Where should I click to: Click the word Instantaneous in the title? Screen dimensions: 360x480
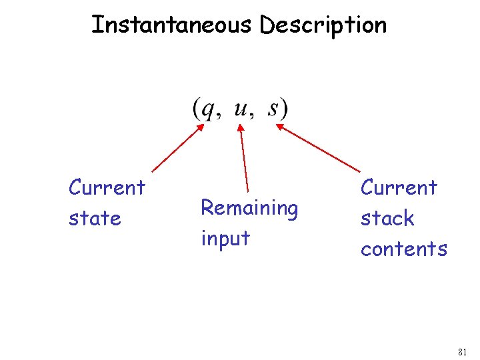point(173,25)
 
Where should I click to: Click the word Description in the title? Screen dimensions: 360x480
point(323,25)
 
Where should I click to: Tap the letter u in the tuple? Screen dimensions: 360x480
point(241,107)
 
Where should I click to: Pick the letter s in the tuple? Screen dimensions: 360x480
point(274,108)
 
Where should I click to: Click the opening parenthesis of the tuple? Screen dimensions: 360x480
point(197,109)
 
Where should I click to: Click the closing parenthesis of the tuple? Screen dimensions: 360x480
point(284,109)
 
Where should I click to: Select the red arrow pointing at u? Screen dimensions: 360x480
point(243,157)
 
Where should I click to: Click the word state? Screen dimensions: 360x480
point(95,219)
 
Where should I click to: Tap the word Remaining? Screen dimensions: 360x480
point(249,208)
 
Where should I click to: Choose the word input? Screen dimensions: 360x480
point(225,238)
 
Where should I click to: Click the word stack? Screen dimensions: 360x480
point(387,218)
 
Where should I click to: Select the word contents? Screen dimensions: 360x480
point(404,249)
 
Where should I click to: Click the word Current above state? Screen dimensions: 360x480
point(107,187)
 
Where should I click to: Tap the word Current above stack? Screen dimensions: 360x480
point(399,187)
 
